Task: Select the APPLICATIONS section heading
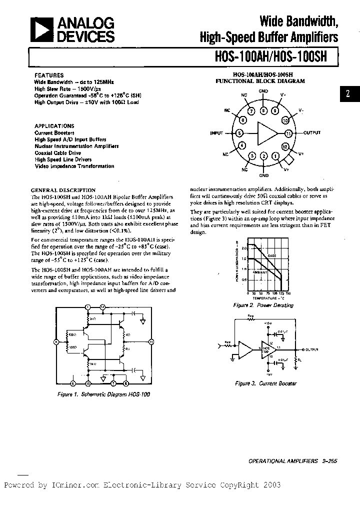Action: click(x=54, y=126)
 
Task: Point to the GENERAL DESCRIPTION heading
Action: click(x=63, y=190)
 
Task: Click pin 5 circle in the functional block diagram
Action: click(x=239, y=133)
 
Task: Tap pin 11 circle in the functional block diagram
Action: click(x=288, y=133)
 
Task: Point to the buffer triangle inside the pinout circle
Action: click(x=265, y=133)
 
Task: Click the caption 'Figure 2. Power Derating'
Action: click(x=263, y=305)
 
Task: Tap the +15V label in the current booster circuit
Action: click(x=268, y=324)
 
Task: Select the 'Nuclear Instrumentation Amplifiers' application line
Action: click(x=76, y=146)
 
